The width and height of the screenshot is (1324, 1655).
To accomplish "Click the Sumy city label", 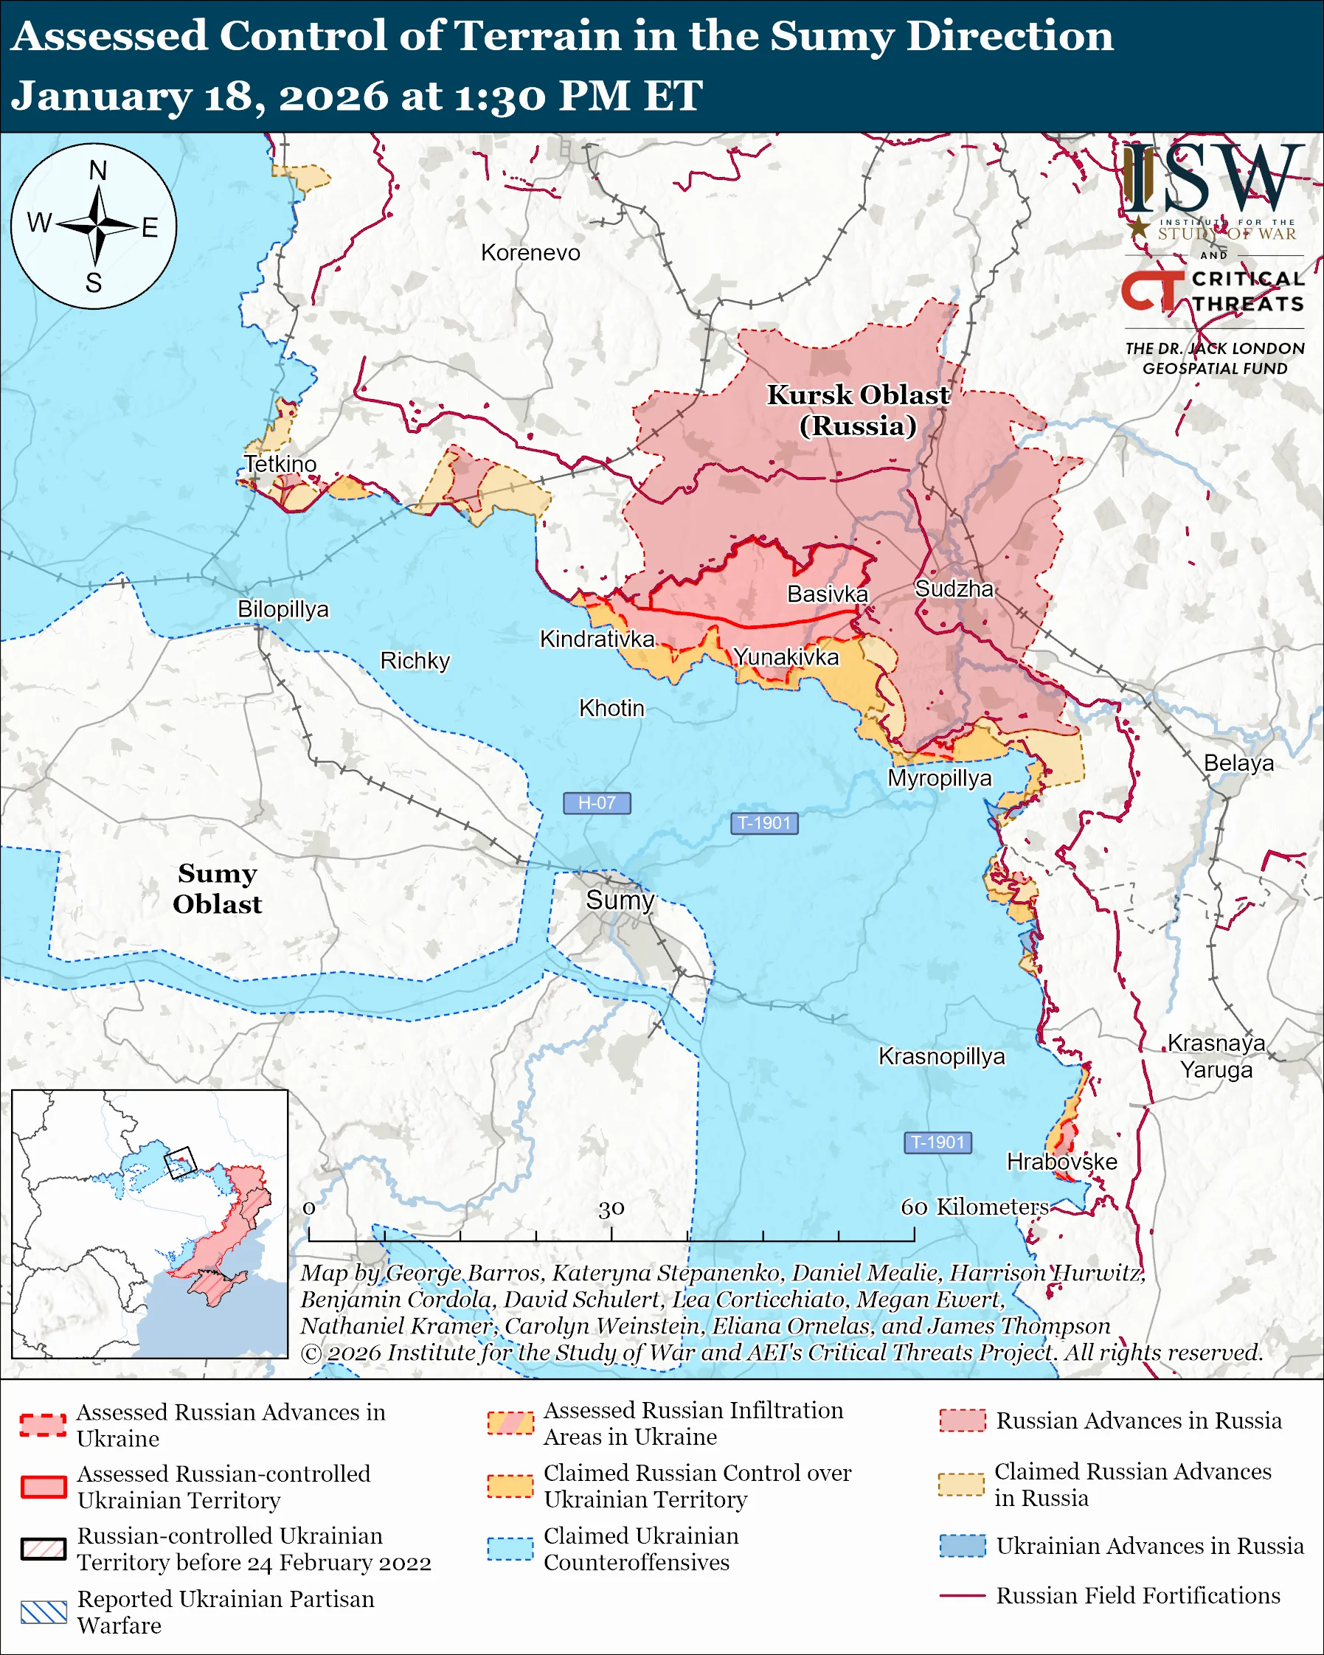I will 620,900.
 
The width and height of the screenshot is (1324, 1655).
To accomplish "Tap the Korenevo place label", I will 530,252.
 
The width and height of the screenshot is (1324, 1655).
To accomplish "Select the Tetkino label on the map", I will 280,464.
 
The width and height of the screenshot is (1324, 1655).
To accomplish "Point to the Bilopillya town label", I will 283,608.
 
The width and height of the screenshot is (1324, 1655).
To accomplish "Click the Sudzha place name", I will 954,589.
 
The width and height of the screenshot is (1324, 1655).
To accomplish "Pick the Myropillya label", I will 940,777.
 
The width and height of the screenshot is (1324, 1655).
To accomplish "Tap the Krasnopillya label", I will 941,1056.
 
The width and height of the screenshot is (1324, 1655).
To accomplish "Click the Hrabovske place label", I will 1061,1162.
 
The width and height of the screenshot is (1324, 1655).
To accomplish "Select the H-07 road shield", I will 597,803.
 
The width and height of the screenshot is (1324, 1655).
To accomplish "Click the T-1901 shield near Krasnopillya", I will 938,1142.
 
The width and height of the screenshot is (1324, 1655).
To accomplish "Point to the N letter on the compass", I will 97,170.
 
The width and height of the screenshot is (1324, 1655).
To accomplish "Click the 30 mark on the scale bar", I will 611,1209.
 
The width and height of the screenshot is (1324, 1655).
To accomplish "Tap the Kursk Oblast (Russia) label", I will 858,410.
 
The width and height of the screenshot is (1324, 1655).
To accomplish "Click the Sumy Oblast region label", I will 217,888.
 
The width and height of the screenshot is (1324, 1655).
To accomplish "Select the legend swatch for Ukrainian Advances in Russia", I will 962,1545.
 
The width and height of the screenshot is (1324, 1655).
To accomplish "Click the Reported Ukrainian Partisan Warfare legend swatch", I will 44,1612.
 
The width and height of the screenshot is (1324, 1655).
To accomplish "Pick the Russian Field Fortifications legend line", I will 962,1595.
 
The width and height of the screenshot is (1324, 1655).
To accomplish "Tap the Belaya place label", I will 1238,763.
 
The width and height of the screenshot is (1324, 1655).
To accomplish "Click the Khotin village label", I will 611,708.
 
